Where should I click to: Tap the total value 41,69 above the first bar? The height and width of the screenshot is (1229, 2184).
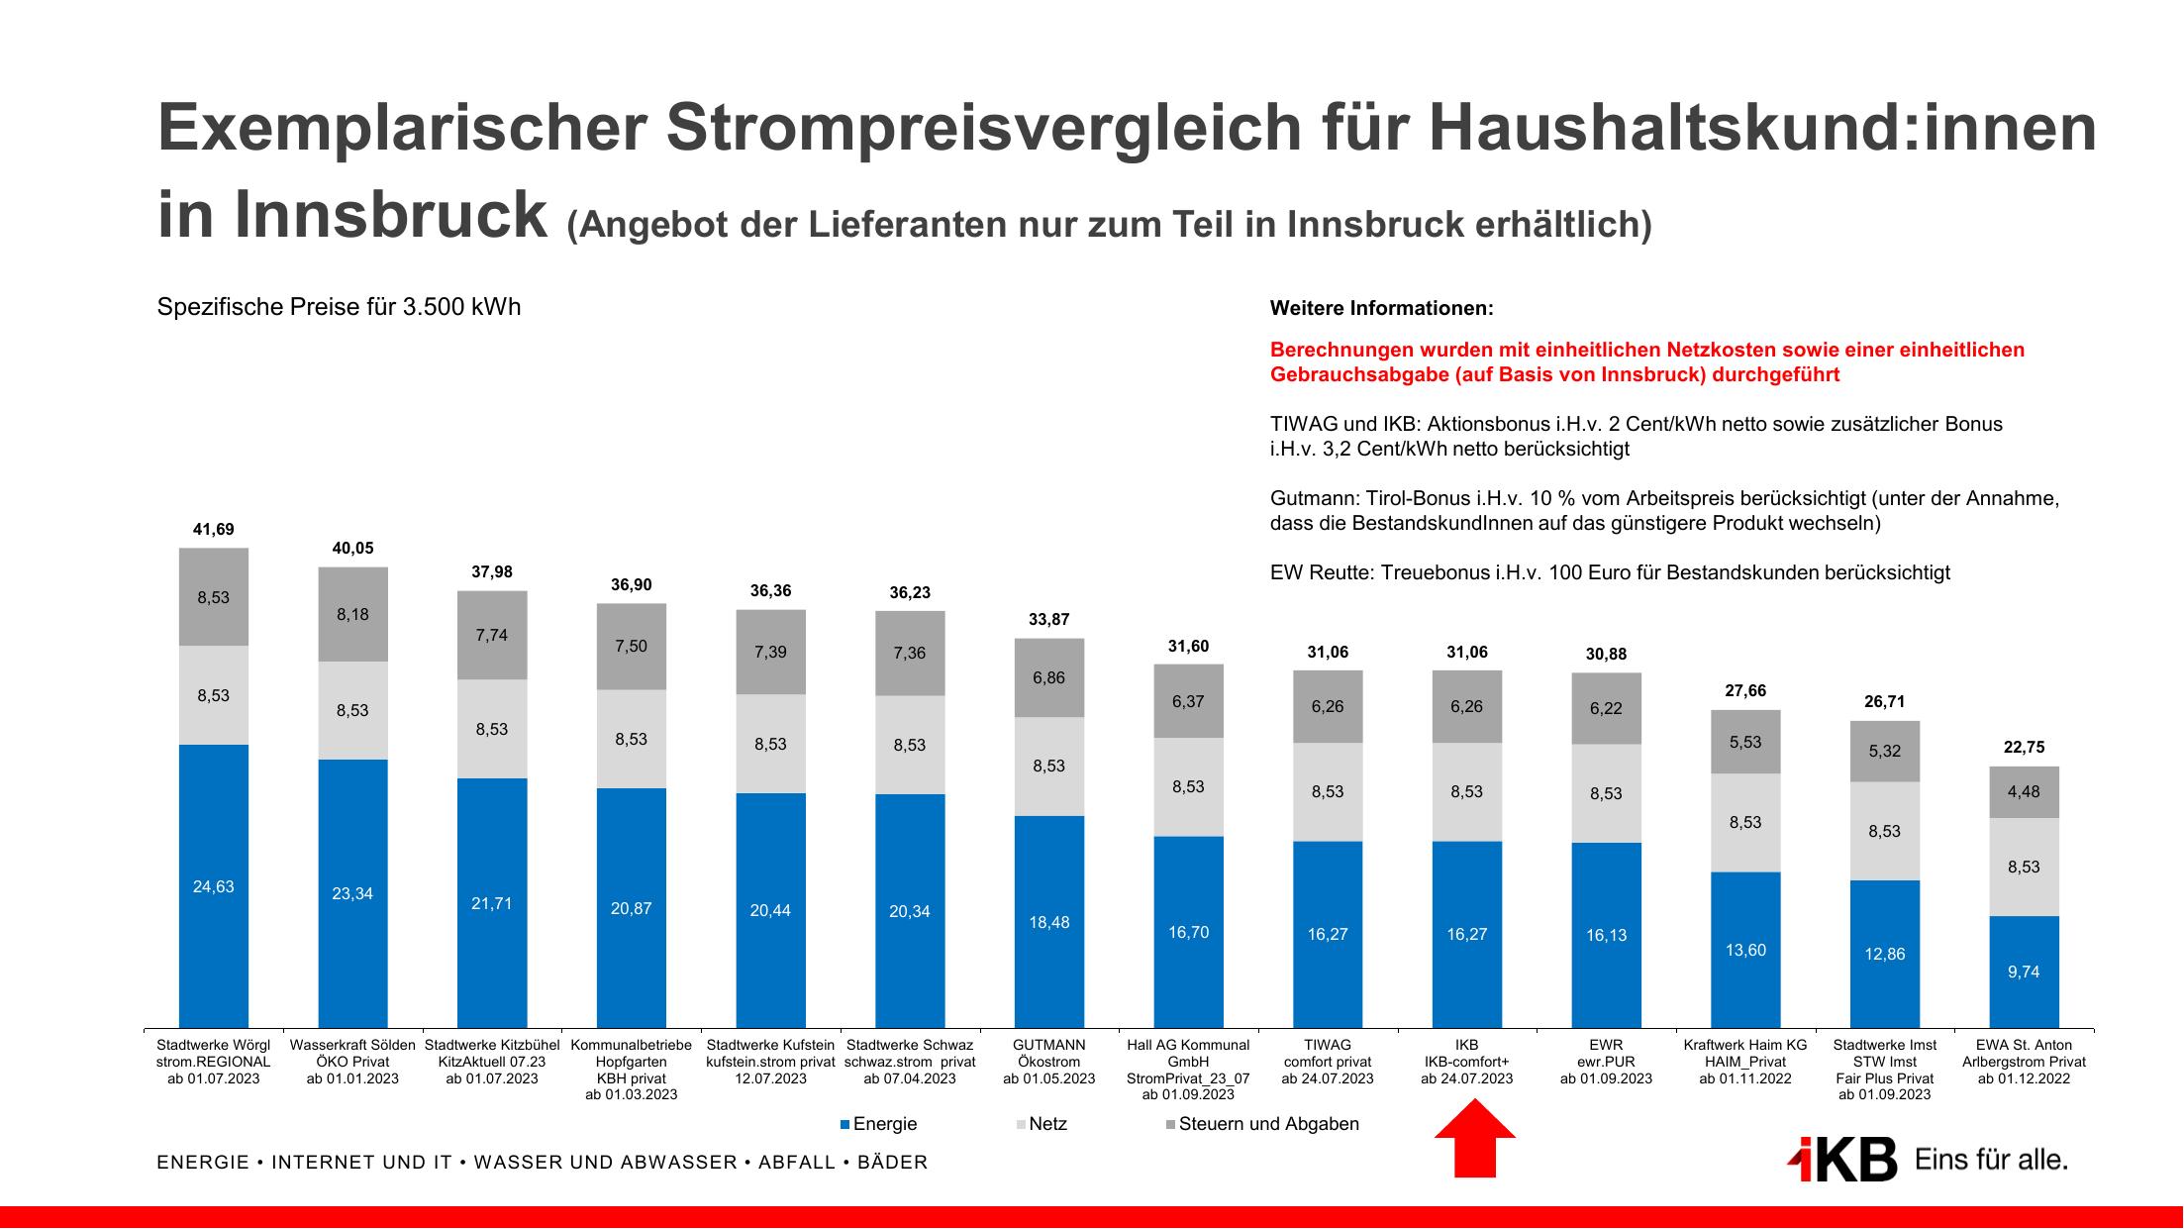tap(213, 530)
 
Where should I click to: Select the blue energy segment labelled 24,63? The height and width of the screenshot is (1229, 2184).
tap(213, 886)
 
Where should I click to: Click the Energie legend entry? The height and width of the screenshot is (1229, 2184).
tap(878, 1124)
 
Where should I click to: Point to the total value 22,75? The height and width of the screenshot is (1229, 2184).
tap(2024, 748)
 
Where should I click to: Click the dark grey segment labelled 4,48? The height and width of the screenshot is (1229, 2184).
tap(2024, 791)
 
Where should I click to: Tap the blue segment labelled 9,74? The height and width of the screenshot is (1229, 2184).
tap(2024, 972)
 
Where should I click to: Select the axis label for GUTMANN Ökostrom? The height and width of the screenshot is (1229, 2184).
tap(1048, 1061)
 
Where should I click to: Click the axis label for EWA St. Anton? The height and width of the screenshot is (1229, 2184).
tap(2024, 1061)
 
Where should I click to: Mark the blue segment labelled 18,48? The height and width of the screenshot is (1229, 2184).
tap(1048, 922)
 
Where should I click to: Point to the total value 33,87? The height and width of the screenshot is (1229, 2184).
tap(1048, 620)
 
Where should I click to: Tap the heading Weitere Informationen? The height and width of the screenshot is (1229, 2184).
tap(1381, 308)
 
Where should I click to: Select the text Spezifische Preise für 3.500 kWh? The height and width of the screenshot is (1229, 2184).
tap(339, 307)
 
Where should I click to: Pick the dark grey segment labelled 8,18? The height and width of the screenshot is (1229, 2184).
tap(352, 614)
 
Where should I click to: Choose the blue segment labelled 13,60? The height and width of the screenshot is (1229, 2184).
tap(1744, 950)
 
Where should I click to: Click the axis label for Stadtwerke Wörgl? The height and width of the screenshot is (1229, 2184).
tap(213, 1061)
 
